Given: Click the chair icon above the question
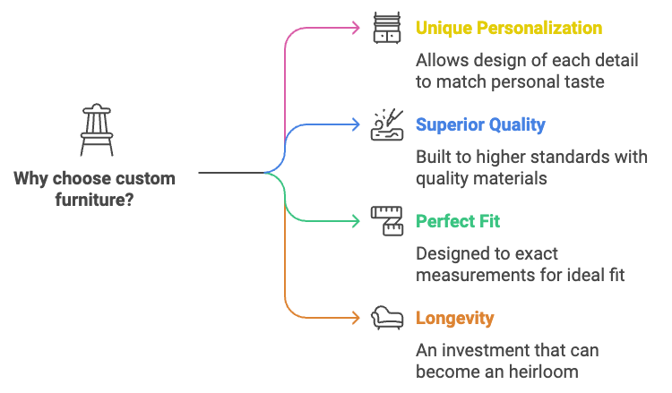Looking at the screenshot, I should click(96, 131).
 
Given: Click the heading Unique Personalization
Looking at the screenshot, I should click(508, 28).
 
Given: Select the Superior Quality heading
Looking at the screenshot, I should click(479, 124).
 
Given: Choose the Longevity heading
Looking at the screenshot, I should click(454, 318).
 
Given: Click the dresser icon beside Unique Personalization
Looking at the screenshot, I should click(387, 28).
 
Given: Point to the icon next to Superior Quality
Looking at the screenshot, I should click(387, 125).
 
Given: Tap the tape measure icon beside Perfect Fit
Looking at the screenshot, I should click(387, 221).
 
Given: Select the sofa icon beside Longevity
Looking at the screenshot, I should click(387, 317).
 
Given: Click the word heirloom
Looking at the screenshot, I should click(547, 371).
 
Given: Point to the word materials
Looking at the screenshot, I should click(516, 178).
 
